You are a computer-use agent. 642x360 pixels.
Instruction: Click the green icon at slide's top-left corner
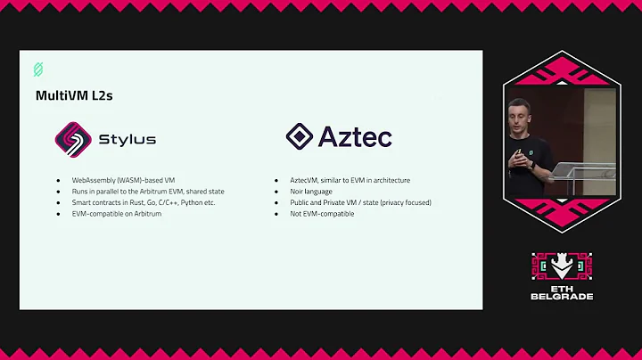[38, 69]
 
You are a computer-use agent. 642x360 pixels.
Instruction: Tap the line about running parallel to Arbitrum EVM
[149, 192]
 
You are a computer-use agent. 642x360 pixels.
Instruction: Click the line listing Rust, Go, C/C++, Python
[144, 202]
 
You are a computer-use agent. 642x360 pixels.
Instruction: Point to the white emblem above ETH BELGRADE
[562, 266]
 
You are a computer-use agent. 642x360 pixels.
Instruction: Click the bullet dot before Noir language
[278, 192]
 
